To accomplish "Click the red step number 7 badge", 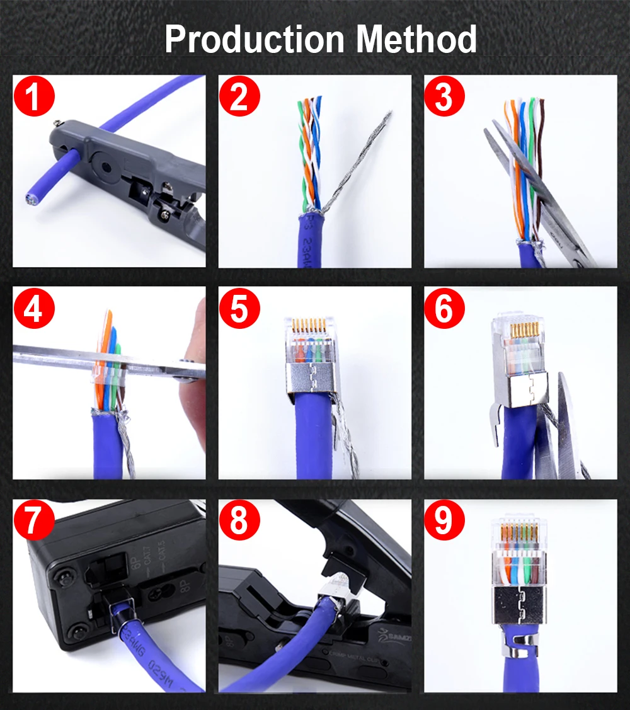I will coord(35,522).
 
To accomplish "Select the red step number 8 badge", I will coord(239,522).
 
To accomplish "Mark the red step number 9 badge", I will coord(444,522).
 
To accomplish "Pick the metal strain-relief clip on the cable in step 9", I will coord(518,646).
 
